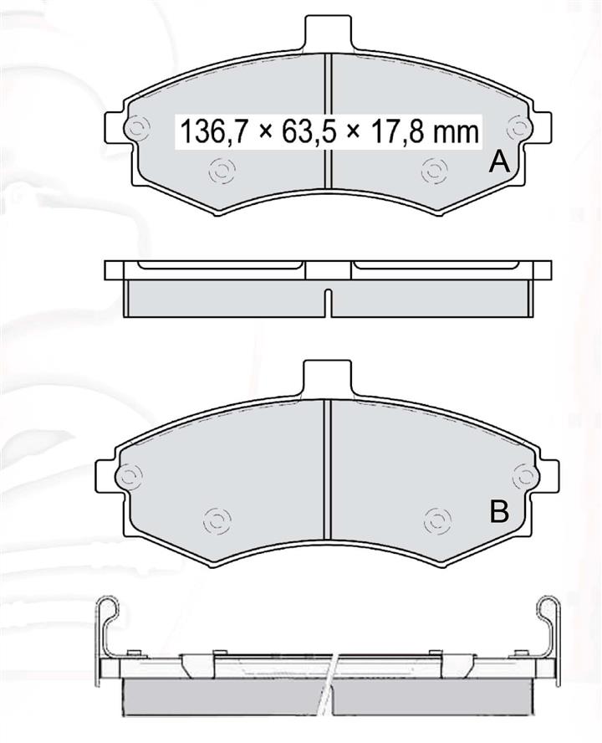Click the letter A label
[x=499, y=162]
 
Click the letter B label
[x=499, y=511]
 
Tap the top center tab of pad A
[x=329, y=34]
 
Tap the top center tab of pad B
[x=327, y=380]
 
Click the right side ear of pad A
[x=541, y=126]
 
